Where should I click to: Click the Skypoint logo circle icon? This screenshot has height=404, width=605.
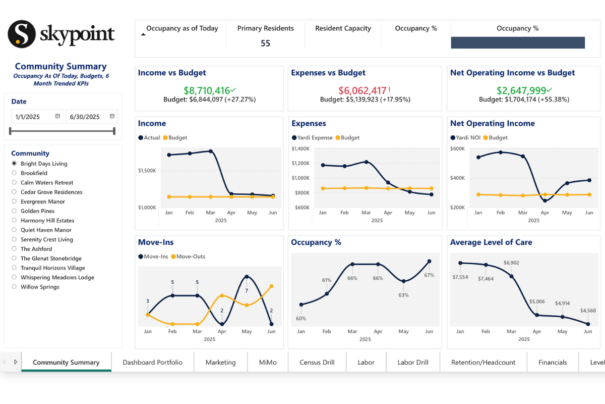click(x=21, y=34)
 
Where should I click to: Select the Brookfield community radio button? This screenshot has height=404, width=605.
click(x=14, y=173)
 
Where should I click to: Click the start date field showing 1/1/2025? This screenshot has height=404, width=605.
click(x=33, y=117)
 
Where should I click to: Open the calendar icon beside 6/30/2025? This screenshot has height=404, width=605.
click(x=112, y=117)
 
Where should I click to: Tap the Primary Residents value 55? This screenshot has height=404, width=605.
click(x=265, y=43)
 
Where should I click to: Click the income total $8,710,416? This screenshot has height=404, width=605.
click(x=207, y=90)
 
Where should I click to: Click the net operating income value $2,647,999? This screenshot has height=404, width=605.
click(x=521, y=90)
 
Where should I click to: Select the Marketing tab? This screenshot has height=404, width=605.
click(x=220, y=362)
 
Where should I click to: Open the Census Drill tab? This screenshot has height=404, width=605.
click(x=317, y=362)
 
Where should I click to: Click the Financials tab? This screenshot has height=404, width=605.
click(x=553, y=362)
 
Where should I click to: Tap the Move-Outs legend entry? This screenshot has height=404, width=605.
click(x=188, y=257)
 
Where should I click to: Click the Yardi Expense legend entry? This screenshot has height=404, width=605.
click(x=312, y=137)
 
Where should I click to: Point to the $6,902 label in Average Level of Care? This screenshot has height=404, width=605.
click(x=511, y=263)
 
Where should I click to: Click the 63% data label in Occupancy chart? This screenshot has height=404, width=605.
click(x=403, y=295)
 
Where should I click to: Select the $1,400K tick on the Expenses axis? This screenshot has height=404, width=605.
click(x=300, y=148)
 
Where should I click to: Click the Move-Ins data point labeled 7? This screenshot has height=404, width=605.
click(x=247, y=277)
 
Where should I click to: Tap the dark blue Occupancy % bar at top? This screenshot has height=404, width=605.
click(x=517, y=42)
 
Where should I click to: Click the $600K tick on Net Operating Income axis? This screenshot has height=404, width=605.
click(x=457, y=148)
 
